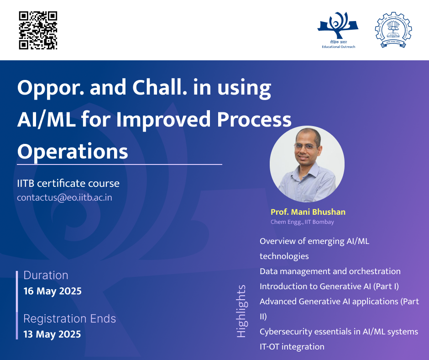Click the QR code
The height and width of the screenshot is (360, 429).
(x=38, y=31)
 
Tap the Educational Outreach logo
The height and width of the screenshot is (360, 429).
(x=338, y=30)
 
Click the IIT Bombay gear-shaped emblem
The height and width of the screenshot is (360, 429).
(x=393, y=30)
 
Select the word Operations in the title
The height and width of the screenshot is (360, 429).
(x=73, y=152)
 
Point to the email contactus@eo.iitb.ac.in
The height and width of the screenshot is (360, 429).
(x=64, y=197)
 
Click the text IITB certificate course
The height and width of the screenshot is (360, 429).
(x=68, y=183)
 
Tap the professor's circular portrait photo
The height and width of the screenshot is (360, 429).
(x=307, y=164)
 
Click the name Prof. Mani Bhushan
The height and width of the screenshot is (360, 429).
(x=308, y=212)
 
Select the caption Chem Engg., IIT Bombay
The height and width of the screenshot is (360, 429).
(x=302, y=222)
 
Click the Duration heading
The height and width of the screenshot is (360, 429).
(x=46, y=275)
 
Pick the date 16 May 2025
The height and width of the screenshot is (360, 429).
(x=52, y=291)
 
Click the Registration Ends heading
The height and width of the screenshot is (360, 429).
(x=69, y=318)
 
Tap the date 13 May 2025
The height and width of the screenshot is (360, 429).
(x=52, y=334)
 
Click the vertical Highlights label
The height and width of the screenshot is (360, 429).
(x=241, y=311)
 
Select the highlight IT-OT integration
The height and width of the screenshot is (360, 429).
(x=292, y=347)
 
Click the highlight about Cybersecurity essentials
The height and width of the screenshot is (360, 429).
(x=339, y=332)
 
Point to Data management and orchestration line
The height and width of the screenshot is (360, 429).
(x=330, y=271)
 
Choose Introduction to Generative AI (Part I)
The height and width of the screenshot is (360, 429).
(x=329, y=286)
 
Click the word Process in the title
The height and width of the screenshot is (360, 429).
(x=254, y=120)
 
